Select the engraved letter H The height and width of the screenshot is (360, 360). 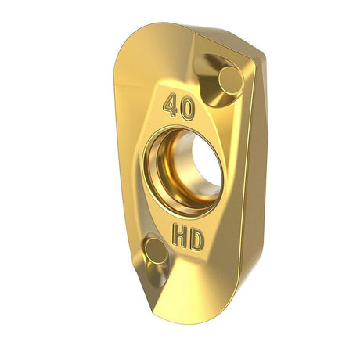click(180, 236)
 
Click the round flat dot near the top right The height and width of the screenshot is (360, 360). click(231, 80)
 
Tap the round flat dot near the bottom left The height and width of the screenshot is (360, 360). click(156, 251)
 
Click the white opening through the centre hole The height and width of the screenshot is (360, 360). click(207, 161)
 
